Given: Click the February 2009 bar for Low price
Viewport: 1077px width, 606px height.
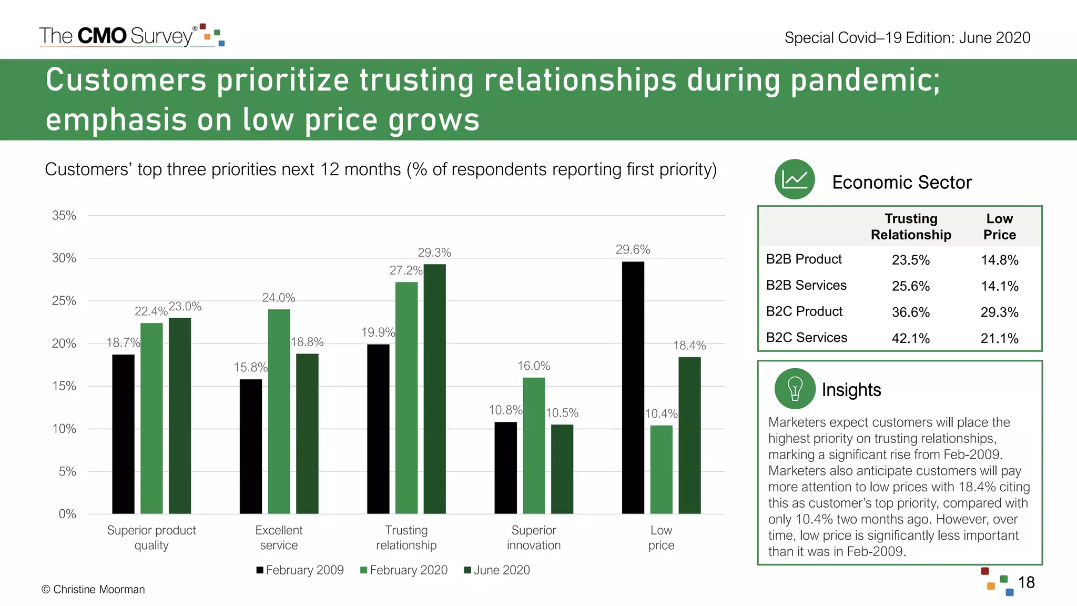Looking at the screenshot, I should pyautogui.click(x=633, y=388).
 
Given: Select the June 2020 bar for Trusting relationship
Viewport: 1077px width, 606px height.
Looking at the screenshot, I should pyautogui.click(x=434, y=389).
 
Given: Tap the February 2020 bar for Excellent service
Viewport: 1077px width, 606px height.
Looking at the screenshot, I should pyautogui.click(x=279, y=411).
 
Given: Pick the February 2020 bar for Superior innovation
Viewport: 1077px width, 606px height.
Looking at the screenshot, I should pyautogui.click(x=534, y=446).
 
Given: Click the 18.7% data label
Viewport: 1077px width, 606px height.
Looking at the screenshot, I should pyautogui.click(x=123, y=343).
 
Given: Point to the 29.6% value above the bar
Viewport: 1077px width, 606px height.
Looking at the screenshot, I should pyautogui.click(x=633, y=250).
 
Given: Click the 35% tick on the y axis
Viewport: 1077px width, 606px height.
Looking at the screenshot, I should pyautogui.click(x=64, y=216).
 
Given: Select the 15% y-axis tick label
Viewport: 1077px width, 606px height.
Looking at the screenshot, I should pyautogui.click(x=64, y=386).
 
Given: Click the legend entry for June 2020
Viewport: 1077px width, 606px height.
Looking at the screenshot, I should pyautogui.click(x=497, y=570).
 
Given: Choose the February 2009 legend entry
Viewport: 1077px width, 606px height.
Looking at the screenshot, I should pyautogui.click(x=300, y=570).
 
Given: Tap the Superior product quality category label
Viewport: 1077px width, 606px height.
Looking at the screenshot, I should pyautogui.click(x=151, y=538).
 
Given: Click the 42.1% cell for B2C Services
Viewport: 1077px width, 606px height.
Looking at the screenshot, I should pyautogui.click(x=910, y=338).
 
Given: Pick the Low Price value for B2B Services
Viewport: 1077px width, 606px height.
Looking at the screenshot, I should pyautogui.click(x=999, y=286).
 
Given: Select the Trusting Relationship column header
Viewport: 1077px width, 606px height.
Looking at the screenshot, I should pyautogui.click(x=911, y=227).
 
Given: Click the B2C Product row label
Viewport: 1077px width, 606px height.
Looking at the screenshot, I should pyautogui.click(x=804, y=311).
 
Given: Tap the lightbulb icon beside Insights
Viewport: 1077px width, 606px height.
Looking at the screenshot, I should pyautogui.click(x=795, y=389).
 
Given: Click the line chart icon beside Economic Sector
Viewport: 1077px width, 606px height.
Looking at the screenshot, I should pyautogui.click(x=795, y=179).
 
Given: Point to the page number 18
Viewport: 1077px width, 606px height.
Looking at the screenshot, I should pyautogui.click(x=1026, y=582).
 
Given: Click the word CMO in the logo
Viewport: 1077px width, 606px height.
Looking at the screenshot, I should pyautogui.click(x=102, y=36).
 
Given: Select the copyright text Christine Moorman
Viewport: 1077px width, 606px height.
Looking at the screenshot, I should pyautogui.click(x=93, y=590).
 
